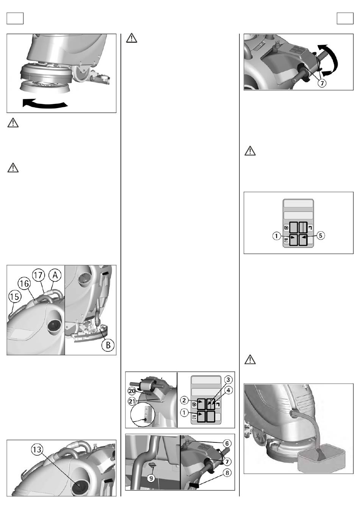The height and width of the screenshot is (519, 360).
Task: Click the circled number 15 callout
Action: click(15, 296)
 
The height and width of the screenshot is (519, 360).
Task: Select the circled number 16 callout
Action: click(24, 283)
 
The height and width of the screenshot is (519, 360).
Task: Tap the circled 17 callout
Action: click(38, 275)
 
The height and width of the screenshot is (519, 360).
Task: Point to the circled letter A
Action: click(55, 275)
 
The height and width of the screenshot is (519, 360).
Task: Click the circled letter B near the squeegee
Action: click(108, 345)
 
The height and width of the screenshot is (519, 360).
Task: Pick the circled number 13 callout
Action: click(37, 450)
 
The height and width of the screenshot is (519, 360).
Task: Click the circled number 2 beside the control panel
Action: click(184, 400)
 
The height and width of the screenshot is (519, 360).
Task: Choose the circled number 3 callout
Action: click(228, 380)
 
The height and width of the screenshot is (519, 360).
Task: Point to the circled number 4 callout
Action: click(228, 390)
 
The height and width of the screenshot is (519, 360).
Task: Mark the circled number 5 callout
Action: click(321, 236)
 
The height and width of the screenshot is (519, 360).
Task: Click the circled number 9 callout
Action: click(151, 478)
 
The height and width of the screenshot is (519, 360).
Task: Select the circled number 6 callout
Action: click(227, 444)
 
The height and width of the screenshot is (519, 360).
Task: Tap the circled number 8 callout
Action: click(227, 473)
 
